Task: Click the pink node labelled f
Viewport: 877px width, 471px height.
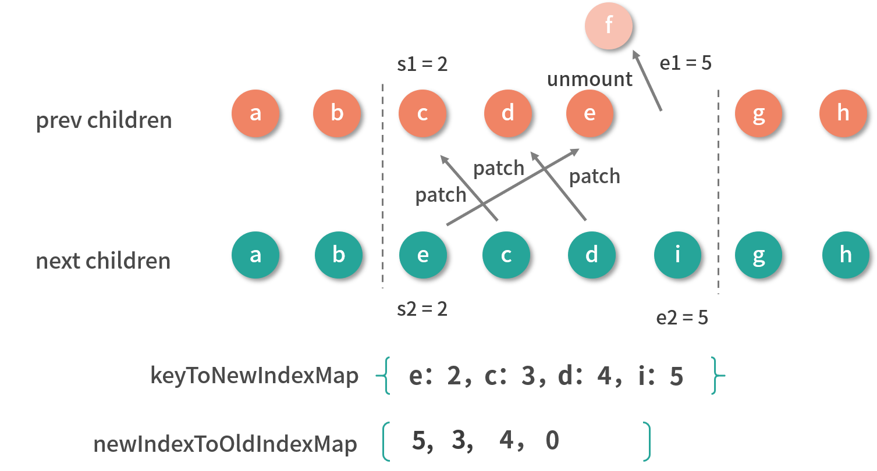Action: tap(609, 26)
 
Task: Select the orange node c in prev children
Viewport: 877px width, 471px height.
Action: tap(422, 113)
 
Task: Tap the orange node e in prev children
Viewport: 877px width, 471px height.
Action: tap(590, 113)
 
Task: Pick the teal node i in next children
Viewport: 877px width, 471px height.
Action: tap(677, 255)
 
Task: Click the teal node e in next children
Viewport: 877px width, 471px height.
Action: tap(423, 255)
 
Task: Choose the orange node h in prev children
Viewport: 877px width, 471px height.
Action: tap(843, 113)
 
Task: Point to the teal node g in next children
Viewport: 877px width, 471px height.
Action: tap(759, 255)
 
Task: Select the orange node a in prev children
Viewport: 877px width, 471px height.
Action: tap(255, 113)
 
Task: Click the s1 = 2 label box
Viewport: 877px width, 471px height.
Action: tap(422, 64)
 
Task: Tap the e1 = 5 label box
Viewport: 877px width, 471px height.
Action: tap(686, 63)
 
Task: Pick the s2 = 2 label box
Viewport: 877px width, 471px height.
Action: tap(422, 309)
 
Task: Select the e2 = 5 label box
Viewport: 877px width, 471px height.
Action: tap(682, 317)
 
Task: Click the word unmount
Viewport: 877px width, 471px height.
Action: tap(590, 79)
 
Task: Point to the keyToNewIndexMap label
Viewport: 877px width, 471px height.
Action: tap(254, 376)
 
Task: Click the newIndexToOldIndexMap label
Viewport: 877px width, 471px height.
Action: tap(225, 444)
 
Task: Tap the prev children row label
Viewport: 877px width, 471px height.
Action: tap(104, 120)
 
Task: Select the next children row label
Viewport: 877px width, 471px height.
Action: tap(104, 261)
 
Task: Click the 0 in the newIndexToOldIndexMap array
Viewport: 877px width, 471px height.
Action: tap(553, 441)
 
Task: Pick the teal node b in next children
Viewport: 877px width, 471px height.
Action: tap(339, 255)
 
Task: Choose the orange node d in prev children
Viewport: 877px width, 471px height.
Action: tap(508, 113)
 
